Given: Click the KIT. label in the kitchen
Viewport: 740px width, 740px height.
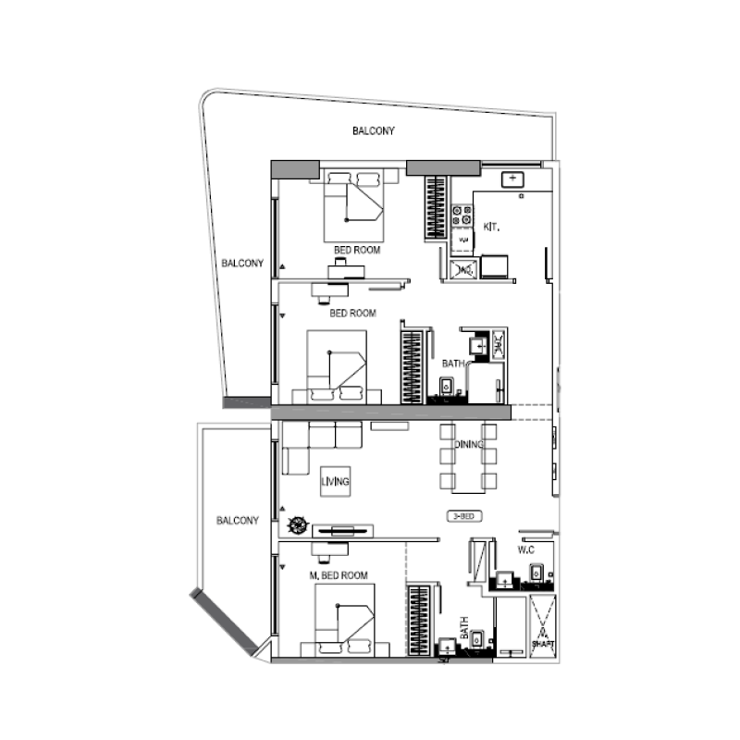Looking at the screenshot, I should click(492, 226).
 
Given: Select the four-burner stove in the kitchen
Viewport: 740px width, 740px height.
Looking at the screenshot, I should click(462, 216).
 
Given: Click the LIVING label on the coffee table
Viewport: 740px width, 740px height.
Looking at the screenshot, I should click(336, 482).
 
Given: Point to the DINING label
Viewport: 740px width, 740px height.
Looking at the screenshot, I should click(469, 446).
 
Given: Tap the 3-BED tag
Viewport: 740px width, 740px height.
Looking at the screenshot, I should click(463, 516).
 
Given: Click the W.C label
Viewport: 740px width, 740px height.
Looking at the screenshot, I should click(526, 549).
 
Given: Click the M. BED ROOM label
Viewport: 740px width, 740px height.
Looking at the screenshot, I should click(339, 575).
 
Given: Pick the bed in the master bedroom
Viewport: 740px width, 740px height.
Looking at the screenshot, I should click(344, 625).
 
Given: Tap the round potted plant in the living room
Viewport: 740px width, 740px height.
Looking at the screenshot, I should click(297, 525).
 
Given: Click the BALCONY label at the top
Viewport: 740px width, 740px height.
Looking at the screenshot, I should click(374, 131).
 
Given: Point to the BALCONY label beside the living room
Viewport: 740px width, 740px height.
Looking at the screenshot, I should click(238, 521).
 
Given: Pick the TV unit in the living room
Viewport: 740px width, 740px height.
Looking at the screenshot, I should click(343, 530).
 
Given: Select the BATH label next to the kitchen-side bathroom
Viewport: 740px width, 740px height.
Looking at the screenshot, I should click(452, 364).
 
